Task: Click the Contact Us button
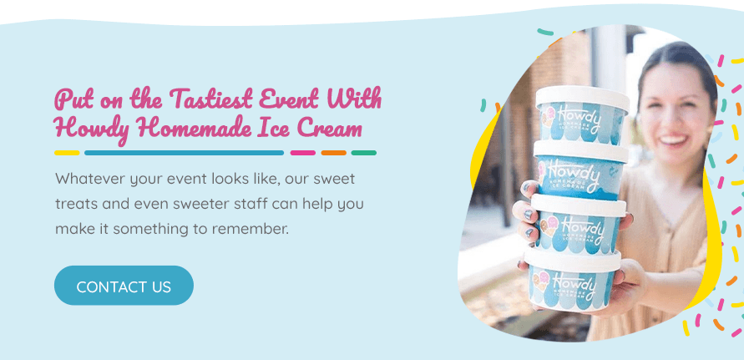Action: point(124,286)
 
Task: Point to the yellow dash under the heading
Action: point(67,153)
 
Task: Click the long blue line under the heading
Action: point(184,153)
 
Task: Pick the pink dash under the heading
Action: point(303,153)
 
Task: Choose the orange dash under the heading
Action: point(333,153)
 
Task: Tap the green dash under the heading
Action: point(364,153)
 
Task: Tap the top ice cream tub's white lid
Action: point(583,96)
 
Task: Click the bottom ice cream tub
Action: point(572,282)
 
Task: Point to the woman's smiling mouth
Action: point(676,139)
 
